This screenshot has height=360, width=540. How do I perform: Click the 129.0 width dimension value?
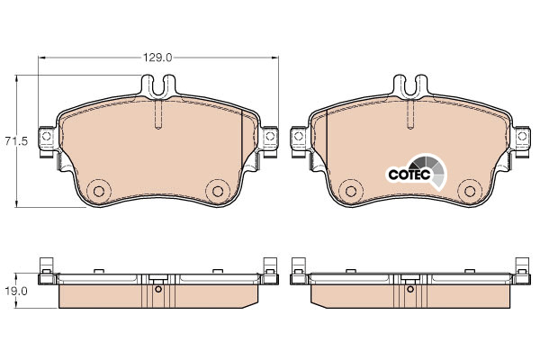[157, 58]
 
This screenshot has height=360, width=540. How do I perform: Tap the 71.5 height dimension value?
[16, 141]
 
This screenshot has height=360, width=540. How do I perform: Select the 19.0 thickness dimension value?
[16, 291]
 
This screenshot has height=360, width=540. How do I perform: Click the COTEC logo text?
[409, 175]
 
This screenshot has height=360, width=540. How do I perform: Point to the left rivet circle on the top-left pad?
[99, 191]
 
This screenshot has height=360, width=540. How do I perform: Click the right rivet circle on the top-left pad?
[218, 191]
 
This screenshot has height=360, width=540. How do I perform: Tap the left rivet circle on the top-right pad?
[351, 191]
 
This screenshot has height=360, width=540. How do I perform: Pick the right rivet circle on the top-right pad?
[470, 191]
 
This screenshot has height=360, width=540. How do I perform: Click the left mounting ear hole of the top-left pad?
[47, 136]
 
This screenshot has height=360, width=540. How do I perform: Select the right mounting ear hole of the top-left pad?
[270, 136]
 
